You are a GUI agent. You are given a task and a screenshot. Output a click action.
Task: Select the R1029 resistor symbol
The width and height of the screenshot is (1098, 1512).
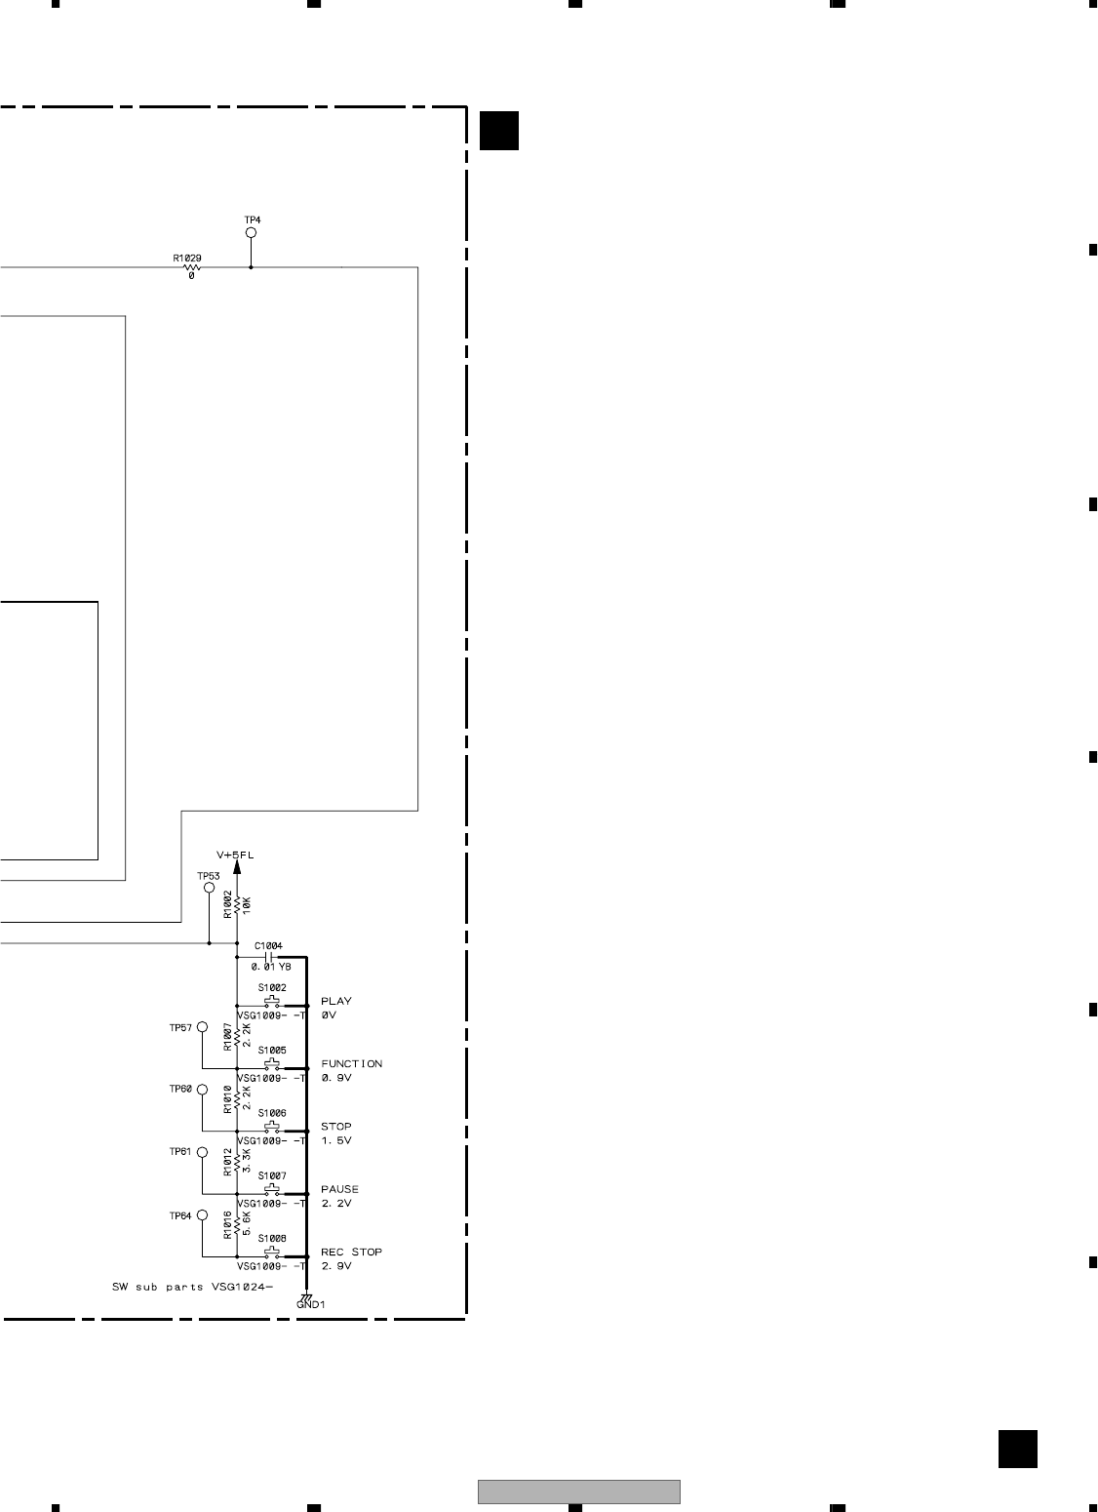point(190,267)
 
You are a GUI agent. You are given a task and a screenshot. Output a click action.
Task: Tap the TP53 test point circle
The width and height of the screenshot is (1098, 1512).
point(209,889)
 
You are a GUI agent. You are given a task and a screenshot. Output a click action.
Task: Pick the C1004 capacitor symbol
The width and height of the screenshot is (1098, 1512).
point(271,958)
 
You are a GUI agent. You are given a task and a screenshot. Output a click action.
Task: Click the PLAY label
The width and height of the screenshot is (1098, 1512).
point(336,1001)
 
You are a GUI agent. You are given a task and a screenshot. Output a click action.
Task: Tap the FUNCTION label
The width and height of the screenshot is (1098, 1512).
point(351,1063)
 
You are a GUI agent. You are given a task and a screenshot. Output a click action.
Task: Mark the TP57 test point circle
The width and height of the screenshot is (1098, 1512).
point(202,1027)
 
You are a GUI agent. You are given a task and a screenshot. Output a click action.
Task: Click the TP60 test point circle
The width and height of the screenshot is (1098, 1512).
point(202,1090)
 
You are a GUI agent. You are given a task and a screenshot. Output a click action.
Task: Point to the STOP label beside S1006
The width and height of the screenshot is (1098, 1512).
point(335,1127)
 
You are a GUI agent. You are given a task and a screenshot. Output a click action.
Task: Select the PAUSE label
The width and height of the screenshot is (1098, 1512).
point(339,1189)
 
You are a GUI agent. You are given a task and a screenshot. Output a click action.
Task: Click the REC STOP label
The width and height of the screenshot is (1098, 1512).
point(351,1252)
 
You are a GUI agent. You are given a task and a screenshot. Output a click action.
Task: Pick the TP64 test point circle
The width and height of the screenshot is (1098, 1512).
point(202,1215)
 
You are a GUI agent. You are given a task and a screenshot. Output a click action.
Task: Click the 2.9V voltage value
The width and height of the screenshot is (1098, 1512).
point(335,1266)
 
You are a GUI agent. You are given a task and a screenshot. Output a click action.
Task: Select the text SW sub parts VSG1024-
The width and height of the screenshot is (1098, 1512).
point(193,1288)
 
